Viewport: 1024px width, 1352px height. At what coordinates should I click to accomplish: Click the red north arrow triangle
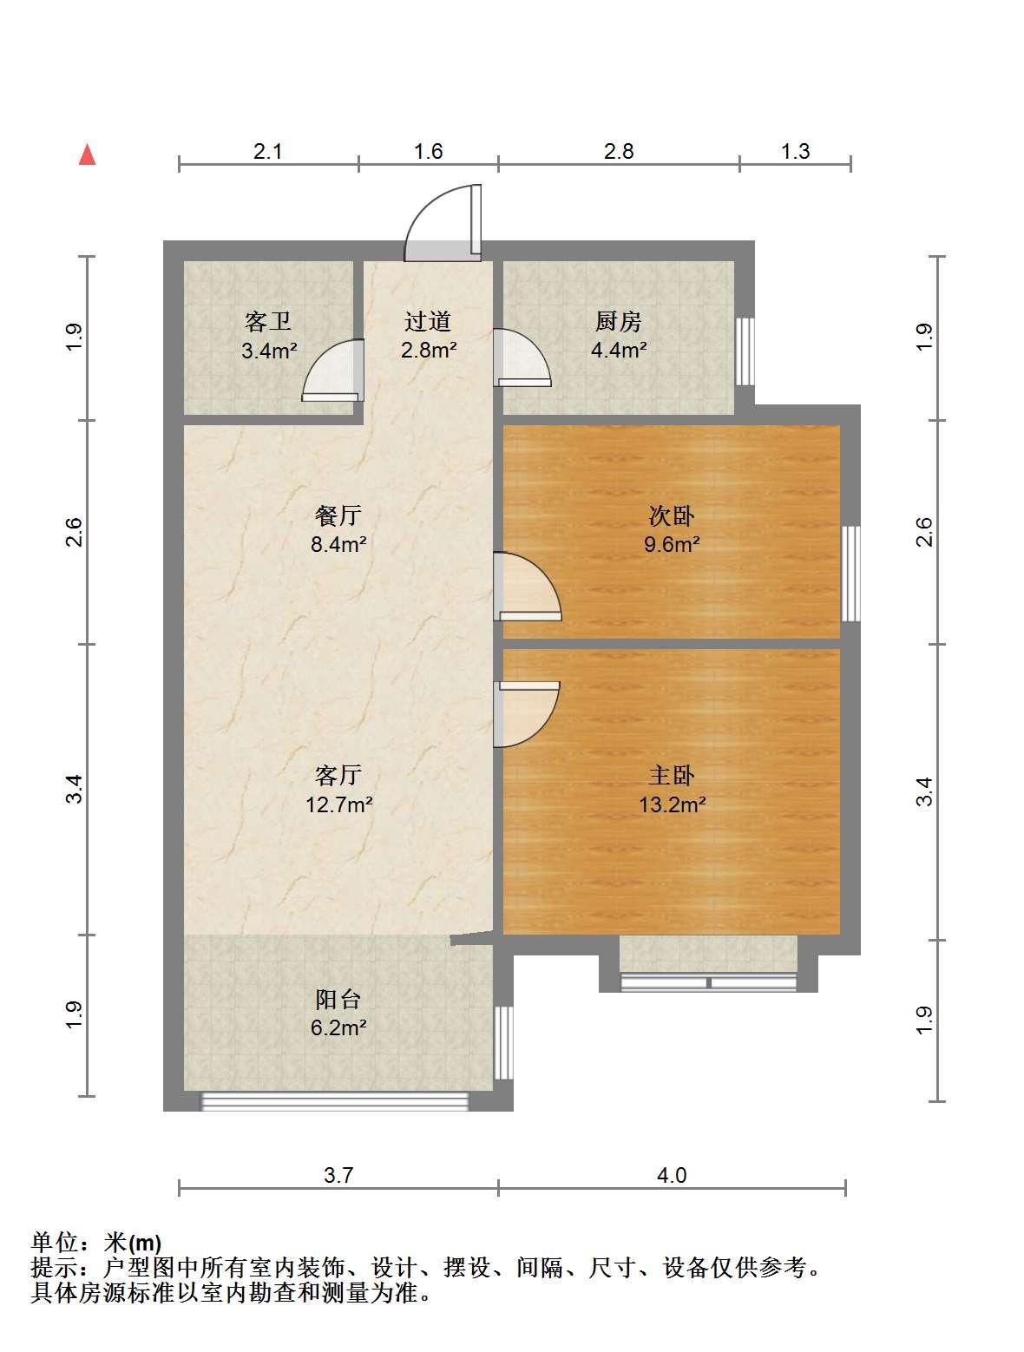pyautogui.click(x=88, y=154)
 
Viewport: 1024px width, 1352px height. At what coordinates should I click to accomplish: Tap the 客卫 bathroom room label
pyautogui.click(x=268, y=321)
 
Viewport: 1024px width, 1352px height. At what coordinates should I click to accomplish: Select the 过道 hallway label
pyautogui.click(x=428, y=321)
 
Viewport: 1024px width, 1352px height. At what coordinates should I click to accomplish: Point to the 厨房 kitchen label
pyautogui.click(x=618, y=321)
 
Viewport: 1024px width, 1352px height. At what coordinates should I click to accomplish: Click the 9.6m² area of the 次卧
pyautogui.click(x=672, y=544)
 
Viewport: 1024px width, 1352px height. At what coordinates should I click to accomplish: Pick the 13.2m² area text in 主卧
pyautogui.click(x=672, y=804)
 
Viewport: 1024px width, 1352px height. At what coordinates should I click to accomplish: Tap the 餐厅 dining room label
pyautogui.click(x=338, y=515)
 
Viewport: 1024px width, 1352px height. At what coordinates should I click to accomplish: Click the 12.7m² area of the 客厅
pyautogui.click(x=339, y=804)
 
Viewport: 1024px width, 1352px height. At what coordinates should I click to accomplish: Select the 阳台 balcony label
pyautogui.click(x=338, y=999)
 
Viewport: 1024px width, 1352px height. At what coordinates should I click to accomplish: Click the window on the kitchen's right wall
pyautogui.click(x=745, y=351)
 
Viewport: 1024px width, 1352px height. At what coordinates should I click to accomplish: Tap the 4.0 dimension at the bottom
pyautogui.click(x=671, y=1175)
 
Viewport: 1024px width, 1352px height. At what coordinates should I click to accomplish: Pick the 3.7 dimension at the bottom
pyautogui.click(x=338, y=1175)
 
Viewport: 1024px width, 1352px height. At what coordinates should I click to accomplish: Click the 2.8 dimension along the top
pyautogui.click(x=618, y=152)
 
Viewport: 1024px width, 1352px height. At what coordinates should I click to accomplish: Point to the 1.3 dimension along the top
pyautogui.click(x=795, y=152)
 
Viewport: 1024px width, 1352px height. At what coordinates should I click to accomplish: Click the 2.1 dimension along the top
pyautogui.click(x=268, y=152)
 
